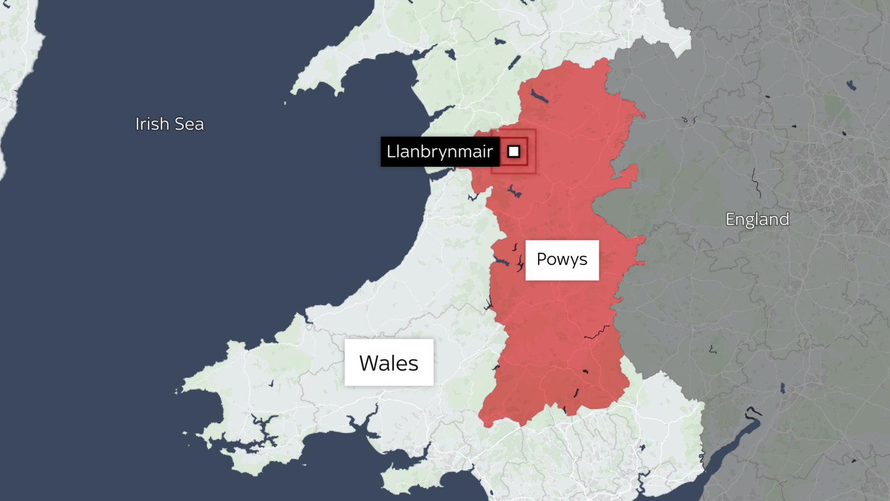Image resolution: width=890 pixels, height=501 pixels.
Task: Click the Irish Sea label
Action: pyautogui.click(x=170, y=124)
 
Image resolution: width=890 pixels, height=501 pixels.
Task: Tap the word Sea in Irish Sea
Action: pyautogui.click(x=189, y=124)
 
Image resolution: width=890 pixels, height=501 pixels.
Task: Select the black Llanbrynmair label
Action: pyautogui.click(x=439, y=151)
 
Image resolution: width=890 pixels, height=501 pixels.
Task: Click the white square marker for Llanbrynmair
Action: pyautogui.click(x=513, y=151)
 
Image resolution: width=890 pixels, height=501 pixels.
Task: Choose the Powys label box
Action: pyautogui.click(x=562, y=260)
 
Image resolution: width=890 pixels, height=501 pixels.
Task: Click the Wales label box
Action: pyautogui.click(x=389, y=362)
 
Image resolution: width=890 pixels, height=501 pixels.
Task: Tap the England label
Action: pyautogui.click(x=757, y=219)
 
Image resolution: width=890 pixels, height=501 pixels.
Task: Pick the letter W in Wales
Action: pyautogui.click(x=369, y=364)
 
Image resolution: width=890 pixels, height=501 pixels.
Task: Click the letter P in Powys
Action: pyautogui.click(x=542, y=259)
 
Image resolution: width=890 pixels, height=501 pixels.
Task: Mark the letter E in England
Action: pyautogui.click(x=731, y=219)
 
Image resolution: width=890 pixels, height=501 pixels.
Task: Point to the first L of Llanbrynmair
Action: pyautogui.click(x=391, y=151)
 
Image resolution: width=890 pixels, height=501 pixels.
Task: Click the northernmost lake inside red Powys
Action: pyautogui.click(x=539, y=96)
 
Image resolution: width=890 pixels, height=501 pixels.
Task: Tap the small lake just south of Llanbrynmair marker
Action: pyautogui.click(x=513, y=191)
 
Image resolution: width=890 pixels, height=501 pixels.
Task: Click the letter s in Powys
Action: pyautogui.click(x=584, y=260)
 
